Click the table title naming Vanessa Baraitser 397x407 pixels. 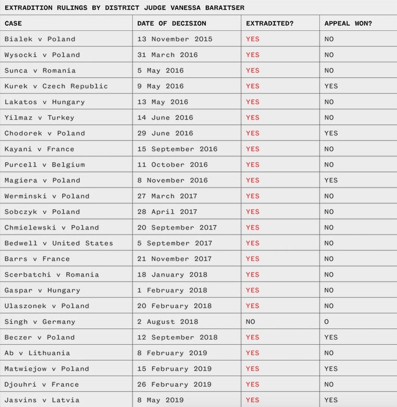[x=124, y=8]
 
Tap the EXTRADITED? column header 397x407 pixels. [x=270, y=23]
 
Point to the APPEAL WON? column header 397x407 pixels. [x=348, y=23]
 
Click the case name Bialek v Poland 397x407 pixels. [x=40, y=39]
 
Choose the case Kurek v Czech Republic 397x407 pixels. [x=56, y=86]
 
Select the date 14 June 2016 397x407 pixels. [x=165, y=117]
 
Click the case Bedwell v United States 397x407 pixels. [x=59, y=243]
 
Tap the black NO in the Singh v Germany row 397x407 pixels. [x=251, y=322]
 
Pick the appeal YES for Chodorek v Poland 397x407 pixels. [x=331, y=133]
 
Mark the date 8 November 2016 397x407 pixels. [x=172, y=180]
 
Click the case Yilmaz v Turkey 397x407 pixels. [x=39, y=117]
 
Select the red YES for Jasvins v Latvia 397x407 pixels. [x=252, y=400]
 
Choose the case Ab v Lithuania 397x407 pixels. [x=37, y=353]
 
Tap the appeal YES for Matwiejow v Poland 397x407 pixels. [x=331, y=369]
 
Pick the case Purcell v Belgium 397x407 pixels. [x=45, y=165]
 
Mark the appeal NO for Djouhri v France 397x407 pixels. [x=329, y=384]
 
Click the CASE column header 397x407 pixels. [x=13, y=23]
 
